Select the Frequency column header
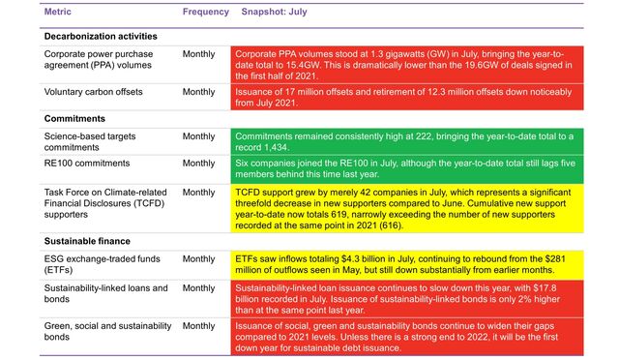(x=205, y=14)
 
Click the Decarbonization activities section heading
(x=101, y=36)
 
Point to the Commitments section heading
(x=77, y=118)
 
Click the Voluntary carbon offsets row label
(x=101, y=92)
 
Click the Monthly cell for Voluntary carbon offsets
(x=198, y=92)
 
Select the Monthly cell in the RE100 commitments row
(x=198, y=164)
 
